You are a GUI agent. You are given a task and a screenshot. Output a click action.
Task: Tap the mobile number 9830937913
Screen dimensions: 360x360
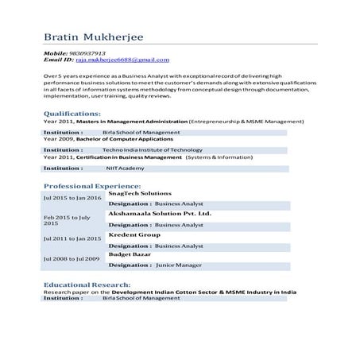88,52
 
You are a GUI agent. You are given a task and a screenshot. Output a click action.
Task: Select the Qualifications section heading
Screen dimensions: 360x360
74,114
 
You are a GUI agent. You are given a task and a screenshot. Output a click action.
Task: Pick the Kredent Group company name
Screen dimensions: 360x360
134,235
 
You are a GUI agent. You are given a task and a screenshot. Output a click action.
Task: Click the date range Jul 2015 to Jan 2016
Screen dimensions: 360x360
72,197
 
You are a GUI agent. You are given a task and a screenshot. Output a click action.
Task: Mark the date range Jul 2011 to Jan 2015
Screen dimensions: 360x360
72,238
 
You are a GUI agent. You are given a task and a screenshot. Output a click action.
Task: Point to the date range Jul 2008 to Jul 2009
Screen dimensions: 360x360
72,259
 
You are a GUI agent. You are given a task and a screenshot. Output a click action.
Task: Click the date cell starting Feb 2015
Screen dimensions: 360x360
67,220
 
